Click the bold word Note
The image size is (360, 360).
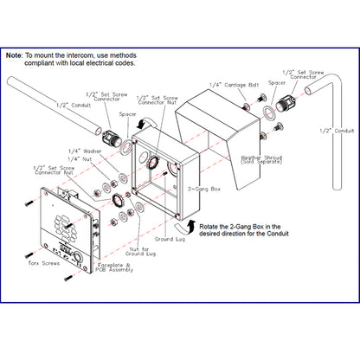[13, 55]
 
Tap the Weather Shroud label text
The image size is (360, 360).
[261, 159]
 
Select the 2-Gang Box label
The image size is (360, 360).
[204, 190]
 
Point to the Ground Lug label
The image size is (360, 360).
[170, 239]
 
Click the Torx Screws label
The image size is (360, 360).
[44, 263]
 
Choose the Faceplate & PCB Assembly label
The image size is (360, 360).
[114, 267]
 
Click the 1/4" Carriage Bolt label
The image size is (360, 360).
[234, 85]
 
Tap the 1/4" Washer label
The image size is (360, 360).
[85, 151]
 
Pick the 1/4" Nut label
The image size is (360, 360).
[80, 159]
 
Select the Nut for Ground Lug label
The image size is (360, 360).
[140, 251]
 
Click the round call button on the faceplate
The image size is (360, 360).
[78, 256]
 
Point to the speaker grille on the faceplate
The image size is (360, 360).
[65, 227]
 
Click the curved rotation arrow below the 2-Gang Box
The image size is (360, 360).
[183, 226]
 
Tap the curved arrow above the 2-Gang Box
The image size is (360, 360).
[147, 122]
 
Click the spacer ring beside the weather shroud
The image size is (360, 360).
[269, 112]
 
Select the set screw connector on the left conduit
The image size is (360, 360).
[110, 137]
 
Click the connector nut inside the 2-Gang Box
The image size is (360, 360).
[152, 163]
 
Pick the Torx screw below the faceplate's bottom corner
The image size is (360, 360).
[68, 278]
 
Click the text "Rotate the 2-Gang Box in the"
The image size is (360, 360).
[240, 227]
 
